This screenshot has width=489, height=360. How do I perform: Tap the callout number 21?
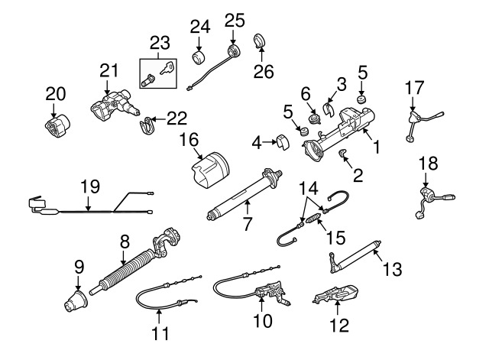click(x=110, y=73)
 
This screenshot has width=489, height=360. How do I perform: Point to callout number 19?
click(x=90, y=185)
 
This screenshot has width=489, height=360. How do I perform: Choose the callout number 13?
click(x=391, y=268)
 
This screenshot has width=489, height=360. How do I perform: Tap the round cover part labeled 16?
click(x=211, y=170)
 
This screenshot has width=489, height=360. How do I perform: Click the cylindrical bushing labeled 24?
click(x=200, y=59)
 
